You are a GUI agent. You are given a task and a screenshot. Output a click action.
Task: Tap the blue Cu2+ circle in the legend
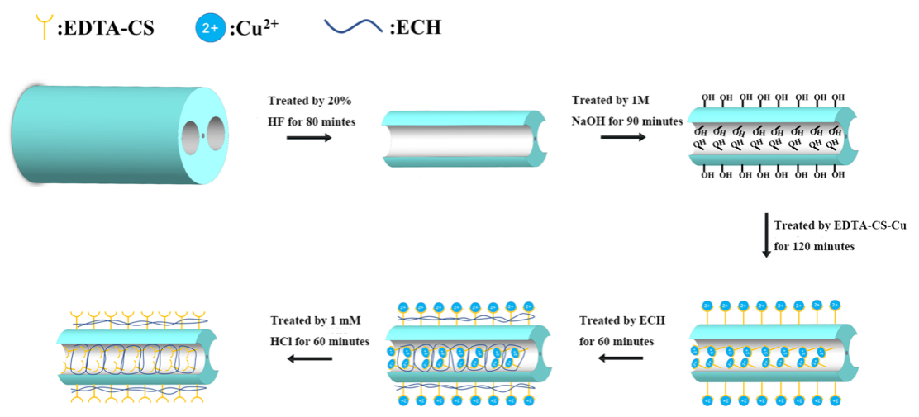208,28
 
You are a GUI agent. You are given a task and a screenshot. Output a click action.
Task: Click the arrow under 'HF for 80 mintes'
308,137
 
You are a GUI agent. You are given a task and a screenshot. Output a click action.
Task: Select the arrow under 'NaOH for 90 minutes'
622,136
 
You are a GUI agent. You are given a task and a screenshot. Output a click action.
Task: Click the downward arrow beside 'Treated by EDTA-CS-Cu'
766,235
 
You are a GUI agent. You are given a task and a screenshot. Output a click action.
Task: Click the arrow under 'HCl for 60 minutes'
310,358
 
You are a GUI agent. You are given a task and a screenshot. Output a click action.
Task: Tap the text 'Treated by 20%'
310,101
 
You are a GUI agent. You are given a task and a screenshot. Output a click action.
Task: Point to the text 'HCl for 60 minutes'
320,341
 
